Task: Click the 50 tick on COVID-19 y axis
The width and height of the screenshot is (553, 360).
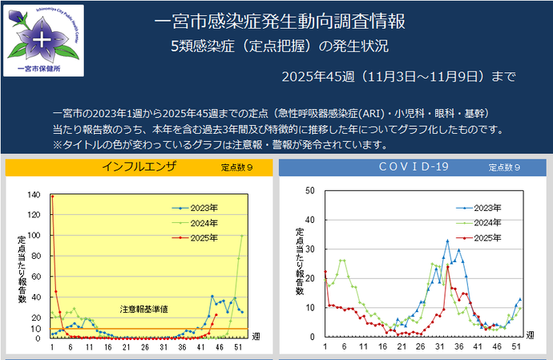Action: pos(309,191)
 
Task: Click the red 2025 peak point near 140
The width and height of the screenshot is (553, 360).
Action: pos(53,196)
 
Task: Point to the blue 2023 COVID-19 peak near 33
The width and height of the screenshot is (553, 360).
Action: pos(447,240)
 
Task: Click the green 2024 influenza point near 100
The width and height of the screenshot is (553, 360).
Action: pos(243,236)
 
